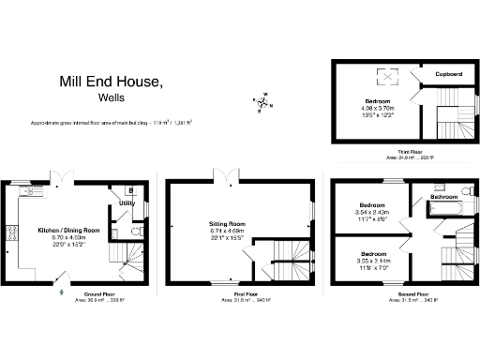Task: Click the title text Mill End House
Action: (x=111, y=82)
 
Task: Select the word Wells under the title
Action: (x=111, y=97)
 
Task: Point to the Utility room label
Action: (x=127, y=202)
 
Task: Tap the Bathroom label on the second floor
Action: (x=443, y=197)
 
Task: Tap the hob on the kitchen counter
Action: (x=13, y=232)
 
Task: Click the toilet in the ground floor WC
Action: (x=136, y=231)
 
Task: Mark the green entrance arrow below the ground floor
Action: (x=63, y=292)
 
